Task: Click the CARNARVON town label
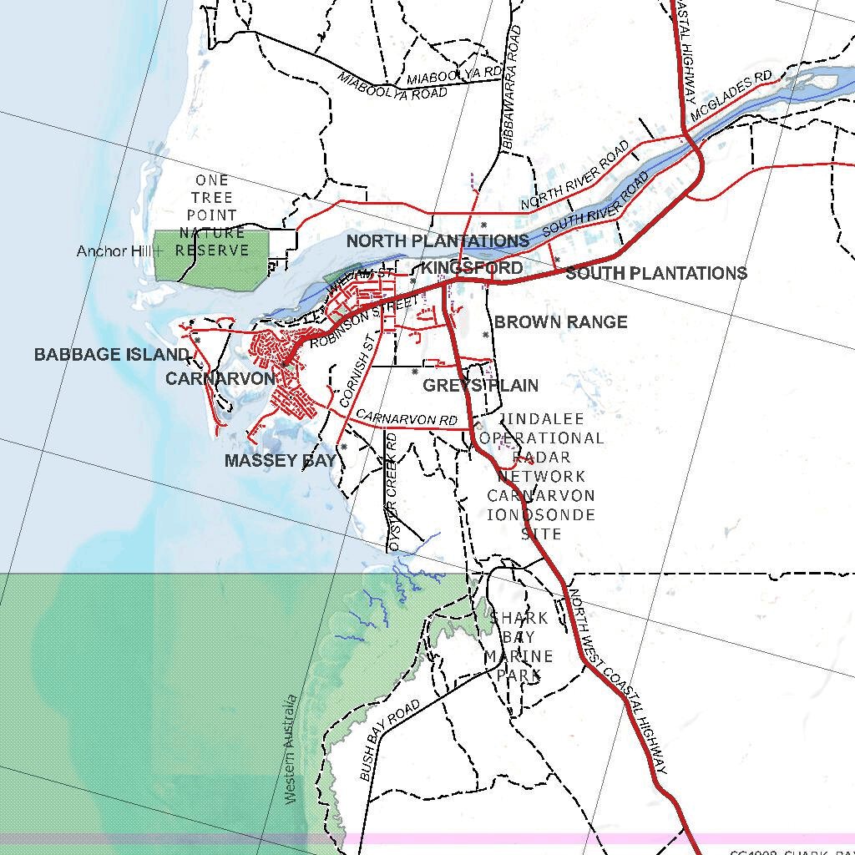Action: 220,378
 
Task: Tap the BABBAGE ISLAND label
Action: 112,355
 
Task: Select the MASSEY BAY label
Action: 281,460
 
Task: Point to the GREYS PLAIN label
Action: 480,385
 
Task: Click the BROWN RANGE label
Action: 560,322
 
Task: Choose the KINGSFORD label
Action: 472,268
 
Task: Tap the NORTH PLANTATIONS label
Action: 438,241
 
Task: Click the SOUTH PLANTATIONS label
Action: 656,273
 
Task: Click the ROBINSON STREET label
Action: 362,322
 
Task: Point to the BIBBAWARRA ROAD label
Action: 511,88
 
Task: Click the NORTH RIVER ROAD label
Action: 574,175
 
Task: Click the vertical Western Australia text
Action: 291,749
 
